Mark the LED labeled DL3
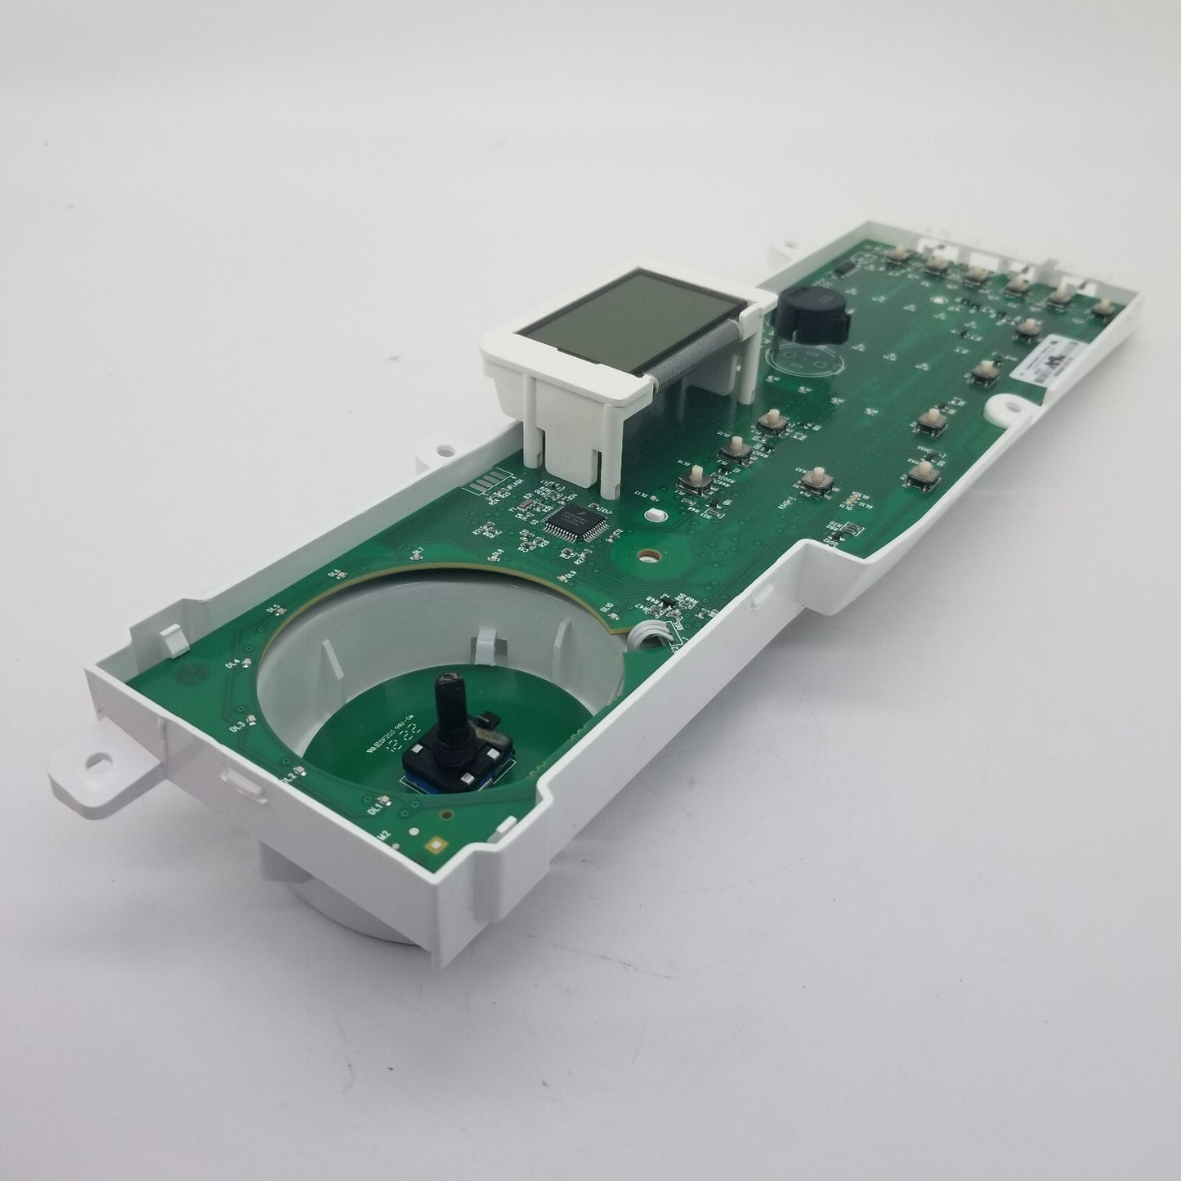(253, 719)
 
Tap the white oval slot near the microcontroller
(653, 515)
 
